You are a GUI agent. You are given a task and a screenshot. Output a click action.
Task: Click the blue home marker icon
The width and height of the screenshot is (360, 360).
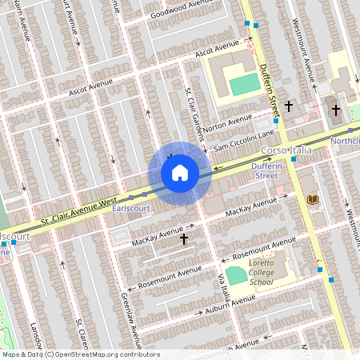(180, 172)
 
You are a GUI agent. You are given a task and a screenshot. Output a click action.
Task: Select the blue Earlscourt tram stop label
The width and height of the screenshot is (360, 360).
(131, 209)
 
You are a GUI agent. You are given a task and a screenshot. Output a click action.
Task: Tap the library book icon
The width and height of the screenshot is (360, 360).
(312, 199)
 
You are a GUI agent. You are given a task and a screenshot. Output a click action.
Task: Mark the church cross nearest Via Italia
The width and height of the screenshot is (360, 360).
(184, 238)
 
